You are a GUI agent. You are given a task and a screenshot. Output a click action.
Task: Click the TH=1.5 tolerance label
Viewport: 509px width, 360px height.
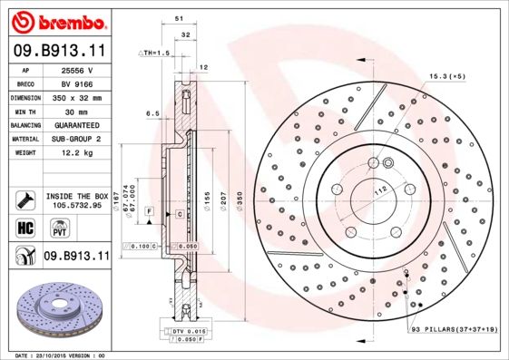(154, 54)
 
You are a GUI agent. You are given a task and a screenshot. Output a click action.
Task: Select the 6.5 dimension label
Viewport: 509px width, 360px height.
(152, 113)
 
